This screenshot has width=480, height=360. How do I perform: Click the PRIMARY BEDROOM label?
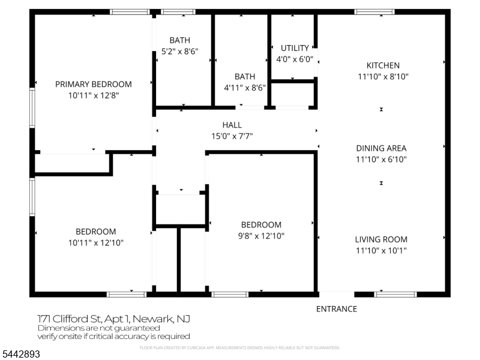pos(94,84)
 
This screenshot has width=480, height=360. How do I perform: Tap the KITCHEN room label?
pos(383,65)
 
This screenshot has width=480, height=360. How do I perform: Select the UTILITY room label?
pos(295,48)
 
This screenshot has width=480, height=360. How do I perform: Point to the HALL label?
pos(232,125)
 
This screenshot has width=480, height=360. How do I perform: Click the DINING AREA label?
pos(381,148)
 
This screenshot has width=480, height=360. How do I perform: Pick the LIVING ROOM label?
pos(381,239)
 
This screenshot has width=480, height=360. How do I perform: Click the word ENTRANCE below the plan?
pos(337,309)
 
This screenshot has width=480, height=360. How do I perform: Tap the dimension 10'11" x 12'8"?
pos(94,95)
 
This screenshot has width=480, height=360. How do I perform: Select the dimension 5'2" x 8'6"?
pos(179,52)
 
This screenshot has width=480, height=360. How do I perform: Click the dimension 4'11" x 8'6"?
pos(245,88)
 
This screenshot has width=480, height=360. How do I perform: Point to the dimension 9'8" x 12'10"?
pos(261,236)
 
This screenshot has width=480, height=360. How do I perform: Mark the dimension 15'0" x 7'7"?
pos(232,136)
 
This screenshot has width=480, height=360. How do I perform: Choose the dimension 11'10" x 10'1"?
pos(381,251)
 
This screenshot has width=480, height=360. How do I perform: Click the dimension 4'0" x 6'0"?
pos(295,59)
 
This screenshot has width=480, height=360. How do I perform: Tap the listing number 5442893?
pos(20,354)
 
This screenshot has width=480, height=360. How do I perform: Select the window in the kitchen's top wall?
pos(374,12)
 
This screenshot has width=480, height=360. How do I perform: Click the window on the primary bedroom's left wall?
pos(32,107)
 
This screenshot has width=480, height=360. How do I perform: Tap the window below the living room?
pos(395,295)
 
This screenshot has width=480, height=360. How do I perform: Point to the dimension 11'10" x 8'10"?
pos(383,77)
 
